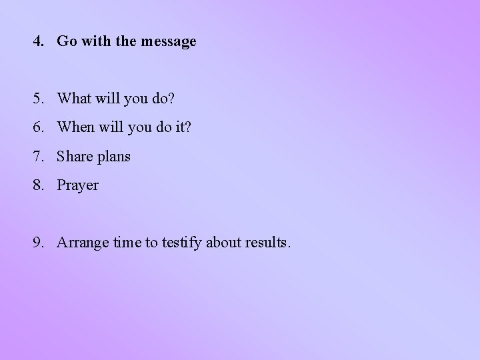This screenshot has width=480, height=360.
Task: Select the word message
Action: [170, 42]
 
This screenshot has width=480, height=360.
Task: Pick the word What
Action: [74, 99]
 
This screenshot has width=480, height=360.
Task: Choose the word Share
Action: [74, 157]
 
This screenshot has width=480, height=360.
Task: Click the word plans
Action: [113, 157]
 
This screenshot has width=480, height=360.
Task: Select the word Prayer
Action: [78, 186]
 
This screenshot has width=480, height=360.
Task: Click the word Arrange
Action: [82, 243]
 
